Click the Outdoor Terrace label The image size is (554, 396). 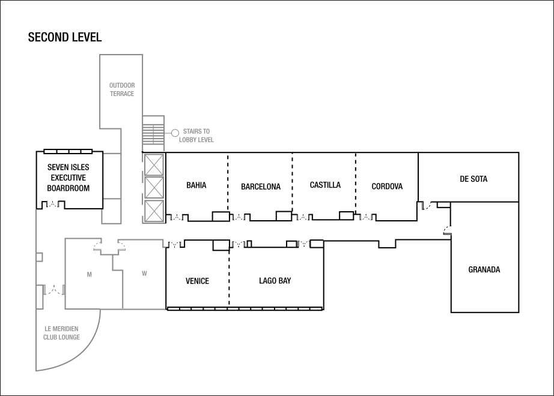point(122,89)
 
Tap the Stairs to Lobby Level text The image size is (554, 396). point(196,136)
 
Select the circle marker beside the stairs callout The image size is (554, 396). point(175,133)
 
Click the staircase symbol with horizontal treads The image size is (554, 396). point(154,133)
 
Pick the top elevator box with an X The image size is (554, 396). point(154,164)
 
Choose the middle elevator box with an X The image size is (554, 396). point(154,188)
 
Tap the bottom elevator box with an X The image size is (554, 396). point(154,211)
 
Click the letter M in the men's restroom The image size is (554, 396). point(90,275)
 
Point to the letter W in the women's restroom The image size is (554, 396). point(144,274)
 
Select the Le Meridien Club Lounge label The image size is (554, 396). point(61,333)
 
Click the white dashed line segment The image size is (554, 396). point(68,152)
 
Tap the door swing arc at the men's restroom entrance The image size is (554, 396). point(99,245)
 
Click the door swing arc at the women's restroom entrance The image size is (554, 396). point(121,245)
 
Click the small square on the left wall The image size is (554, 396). point(39,257)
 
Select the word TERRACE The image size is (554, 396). point(122,94)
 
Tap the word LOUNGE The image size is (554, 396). point(70,337)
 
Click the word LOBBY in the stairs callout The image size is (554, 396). point(187,140)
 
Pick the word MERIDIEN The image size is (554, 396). point(65,329)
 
